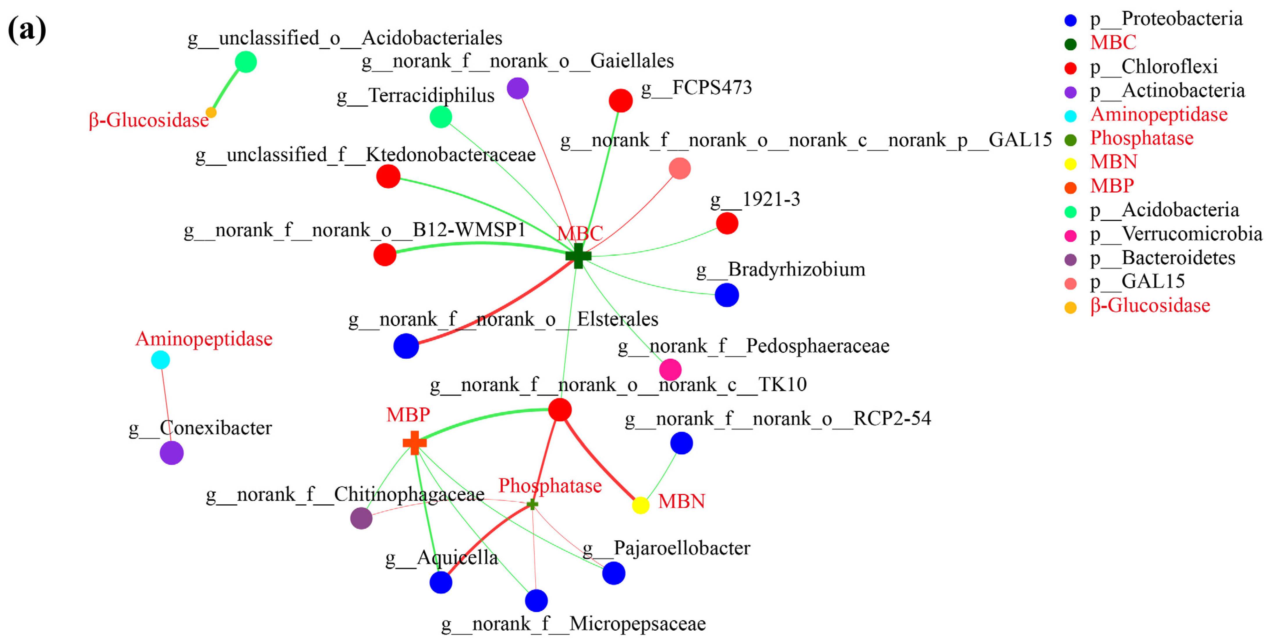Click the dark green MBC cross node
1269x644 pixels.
point(578,256)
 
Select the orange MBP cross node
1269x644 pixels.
point(414,442)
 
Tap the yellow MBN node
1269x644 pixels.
point(640,505)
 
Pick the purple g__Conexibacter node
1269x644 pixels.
point(171,453)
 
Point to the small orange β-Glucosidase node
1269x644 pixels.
point(211,112)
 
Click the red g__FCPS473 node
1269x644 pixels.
point(621,101)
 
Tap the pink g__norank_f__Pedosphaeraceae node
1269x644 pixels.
point(671,369)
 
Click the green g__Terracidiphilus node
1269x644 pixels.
point(441,117)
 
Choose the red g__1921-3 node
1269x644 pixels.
point(727,223)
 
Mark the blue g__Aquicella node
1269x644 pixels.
point(441,582)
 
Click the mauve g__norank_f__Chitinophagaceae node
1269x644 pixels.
point(361,518)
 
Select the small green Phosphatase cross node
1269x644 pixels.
point(532,504)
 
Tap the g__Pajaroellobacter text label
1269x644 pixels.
point(666,548)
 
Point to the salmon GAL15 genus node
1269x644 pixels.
point(680,168)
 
